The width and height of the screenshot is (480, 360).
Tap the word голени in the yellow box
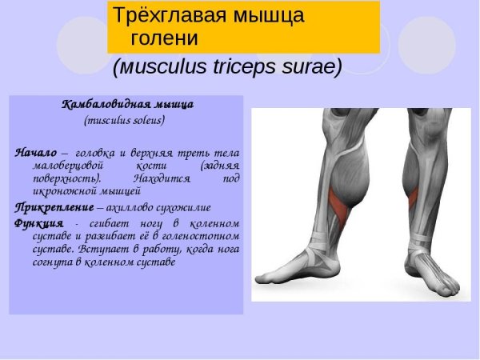pyautogui.click(x=169, y=38)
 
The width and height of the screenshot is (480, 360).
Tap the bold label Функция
pyautogui.click(x=37, y=222)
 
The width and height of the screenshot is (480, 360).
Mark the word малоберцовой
pyautogui.click(x=66, y=166)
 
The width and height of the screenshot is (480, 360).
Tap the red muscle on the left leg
pyautogui.click(x=342, y=204)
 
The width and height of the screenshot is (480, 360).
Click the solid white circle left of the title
pyautogui.click(x=82, y=44)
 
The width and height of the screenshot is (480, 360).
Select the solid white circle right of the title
pyautogui.click(x=426, y=44)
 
